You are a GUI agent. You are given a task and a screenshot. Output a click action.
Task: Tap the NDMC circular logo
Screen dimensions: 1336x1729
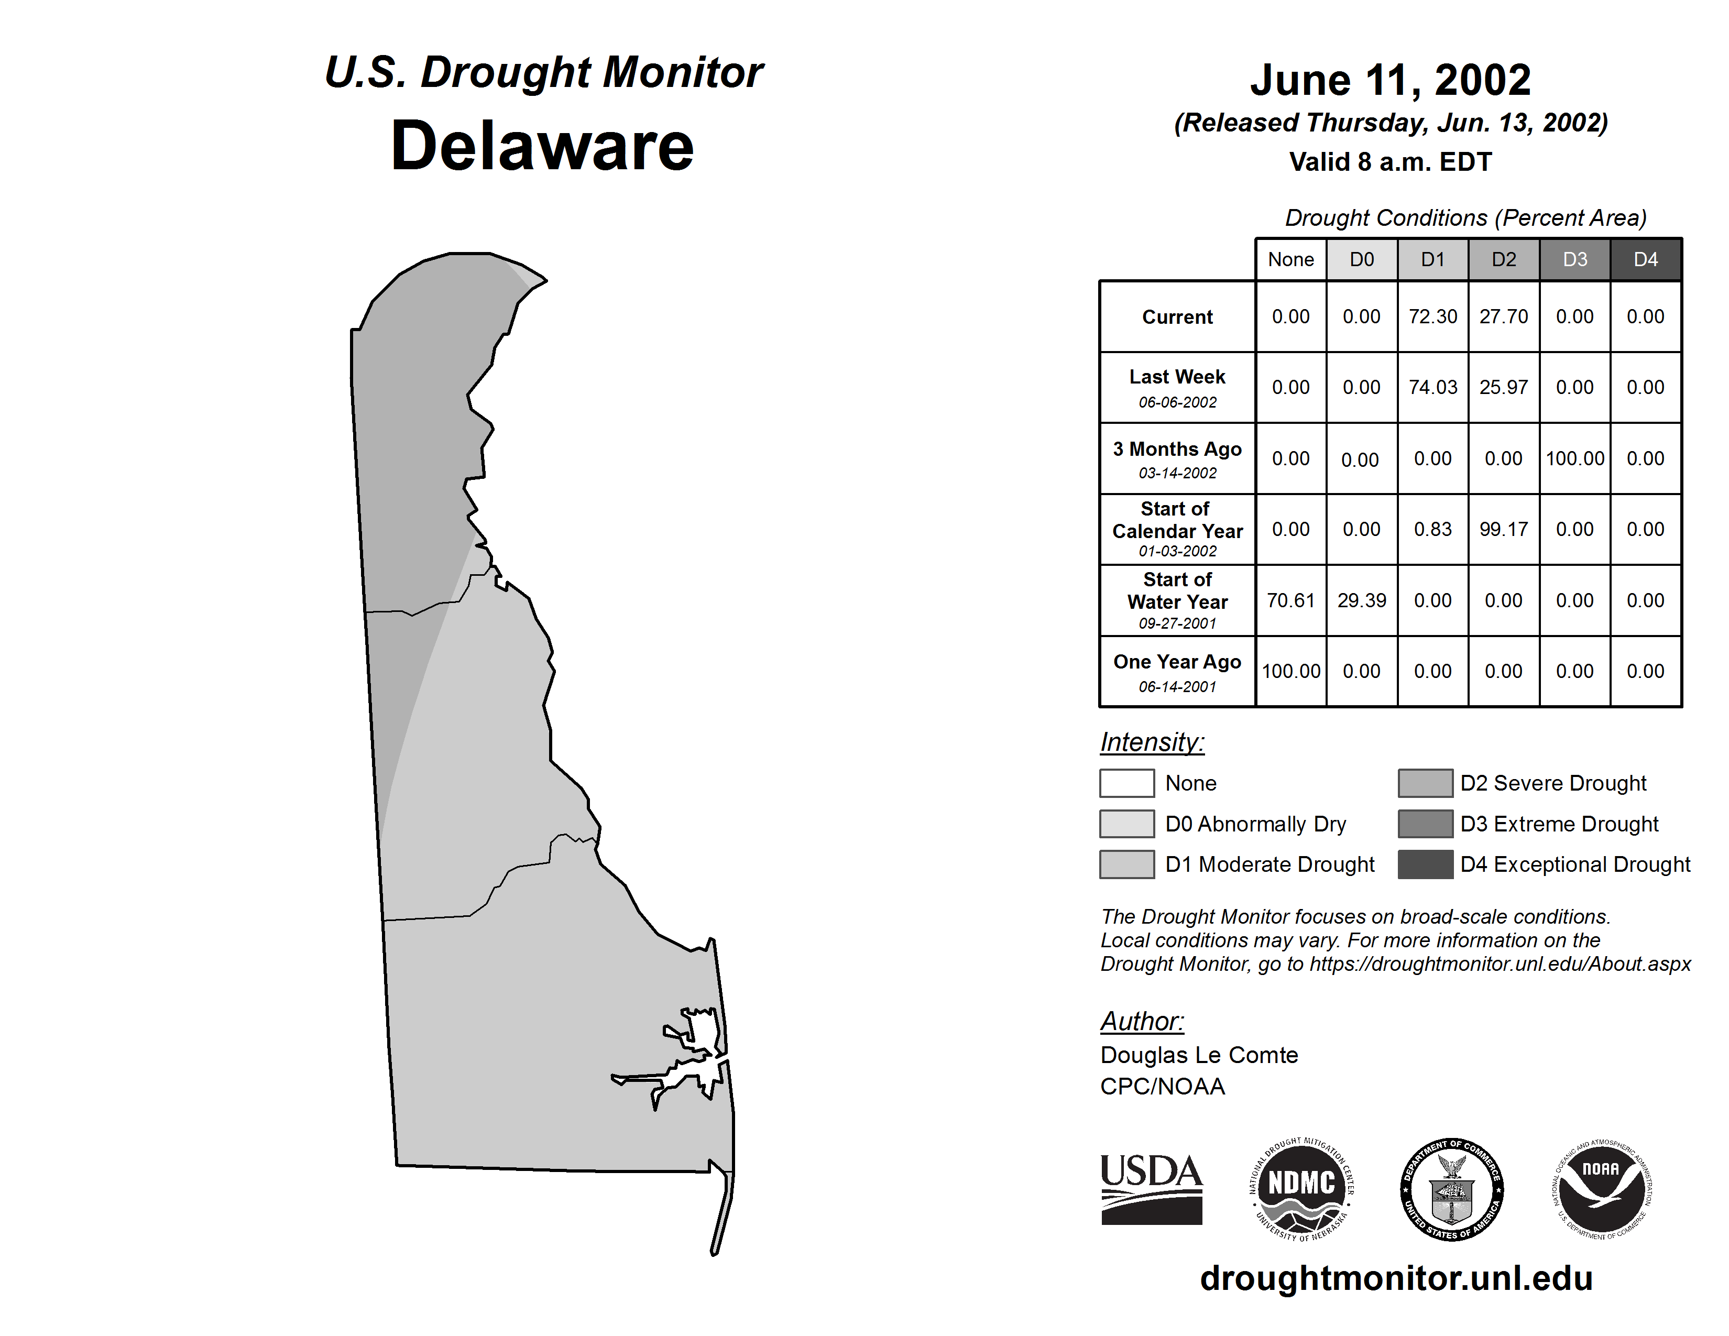[x=1301, y=1190]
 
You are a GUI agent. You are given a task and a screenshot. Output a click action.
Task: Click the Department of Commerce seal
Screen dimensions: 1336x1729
[x=1451, y=1190]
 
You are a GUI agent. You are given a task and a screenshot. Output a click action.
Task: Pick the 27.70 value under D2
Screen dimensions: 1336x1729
[x=1503, y=316]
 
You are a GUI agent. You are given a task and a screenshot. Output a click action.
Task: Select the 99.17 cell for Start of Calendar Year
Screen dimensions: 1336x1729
[x=1503, y=530]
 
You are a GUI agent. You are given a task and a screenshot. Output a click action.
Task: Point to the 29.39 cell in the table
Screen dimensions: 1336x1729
[x=1362, y=601]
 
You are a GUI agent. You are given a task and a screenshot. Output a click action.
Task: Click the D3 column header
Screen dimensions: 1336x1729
[x=1574, y=259]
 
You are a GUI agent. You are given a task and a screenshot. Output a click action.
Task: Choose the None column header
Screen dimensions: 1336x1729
[x=1290, y=259]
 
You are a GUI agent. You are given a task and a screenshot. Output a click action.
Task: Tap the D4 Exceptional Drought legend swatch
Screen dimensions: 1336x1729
[x=1425, y=864]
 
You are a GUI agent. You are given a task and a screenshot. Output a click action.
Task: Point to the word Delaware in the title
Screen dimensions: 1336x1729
[x=542, y=146]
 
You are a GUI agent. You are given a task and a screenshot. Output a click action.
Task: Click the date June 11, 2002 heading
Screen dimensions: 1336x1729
[x=1390, y=81]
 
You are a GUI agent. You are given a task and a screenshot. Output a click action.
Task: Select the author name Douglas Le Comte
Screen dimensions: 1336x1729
[x=1199, y=1055]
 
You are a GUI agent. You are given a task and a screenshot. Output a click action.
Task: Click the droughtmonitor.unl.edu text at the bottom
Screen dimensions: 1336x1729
[x=1396, y=1278]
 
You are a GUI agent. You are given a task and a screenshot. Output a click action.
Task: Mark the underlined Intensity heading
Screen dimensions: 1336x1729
[x=1152, y=742]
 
